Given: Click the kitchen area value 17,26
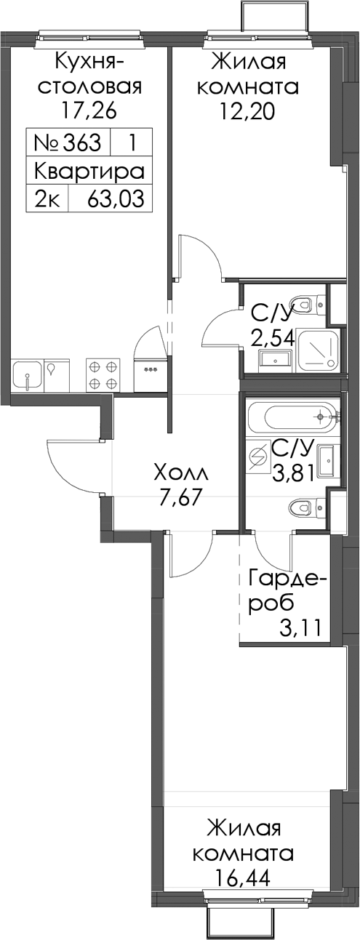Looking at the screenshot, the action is pos(88,111).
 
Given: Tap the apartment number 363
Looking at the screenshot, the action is pos(82,142).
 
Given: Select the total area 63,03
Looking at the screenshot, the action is pos(116,198).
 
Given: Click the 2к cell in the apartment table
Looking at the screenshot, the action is pos(47,198).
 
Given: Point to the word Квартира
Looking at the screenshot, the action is pos(89,171).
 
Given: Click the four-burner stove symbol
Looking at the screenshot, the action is pos(103,374).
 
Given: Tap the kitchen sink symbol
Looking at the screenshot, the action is pos(28,375).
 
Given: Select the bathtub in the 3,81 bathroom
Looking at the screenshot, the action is pos(293,417).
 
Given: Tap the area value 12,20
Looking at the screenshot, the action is pos(248,111).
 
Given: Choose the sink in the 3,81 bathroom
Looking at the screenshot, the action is pos(327,461).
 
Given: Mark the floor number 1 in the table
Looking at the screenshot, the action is pos(132,142).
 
